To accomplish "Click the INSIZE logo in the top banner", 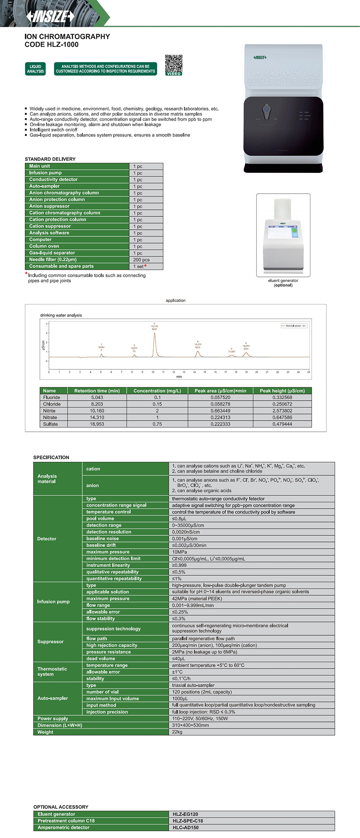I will pyautogui.click(x=50, y=16).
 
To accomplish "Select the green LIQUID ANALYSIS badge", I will pyautogui.click(x=35, y=69).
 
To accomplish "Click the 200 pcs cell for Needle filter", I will pyautogui.click(x=146, y=260).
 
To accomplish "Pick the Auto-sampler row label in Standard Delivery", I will pyautogui.click(x=44, y=186).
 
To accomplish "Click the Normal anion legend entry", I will pyautogui.click(x=294, y=326).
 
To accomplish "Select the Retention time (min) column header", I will pyautogui.click(x=97, y=391).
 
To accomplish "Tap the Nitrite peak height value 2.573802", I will pyautogui.click(x=282, y=411).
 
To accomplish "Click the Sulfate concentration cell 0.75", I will pyautogui.click(x=157, y=424).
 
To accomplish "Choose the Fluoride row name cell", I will pyautogui.click(x=52, y=397).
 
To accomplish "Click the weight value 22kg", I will pyautogui.click(x=177, y=732).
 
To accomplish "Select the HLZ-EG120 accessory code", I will pyautogui.click(x=185, y=814).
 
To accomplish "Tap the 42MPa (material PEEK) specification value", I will pyautogui.click(x=197, y=599).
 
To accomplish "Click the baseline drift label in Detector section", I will pyautogui.click(x=101, y=545).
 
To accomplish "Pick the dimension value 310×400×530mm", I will pyautogui.click(x=190, y=725).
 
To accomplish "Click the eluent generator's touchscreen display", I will pyautogui.click(x=283, y=232).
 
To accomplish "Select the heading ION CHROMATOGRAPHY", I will pyautogui.click(x=67, y=36).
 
